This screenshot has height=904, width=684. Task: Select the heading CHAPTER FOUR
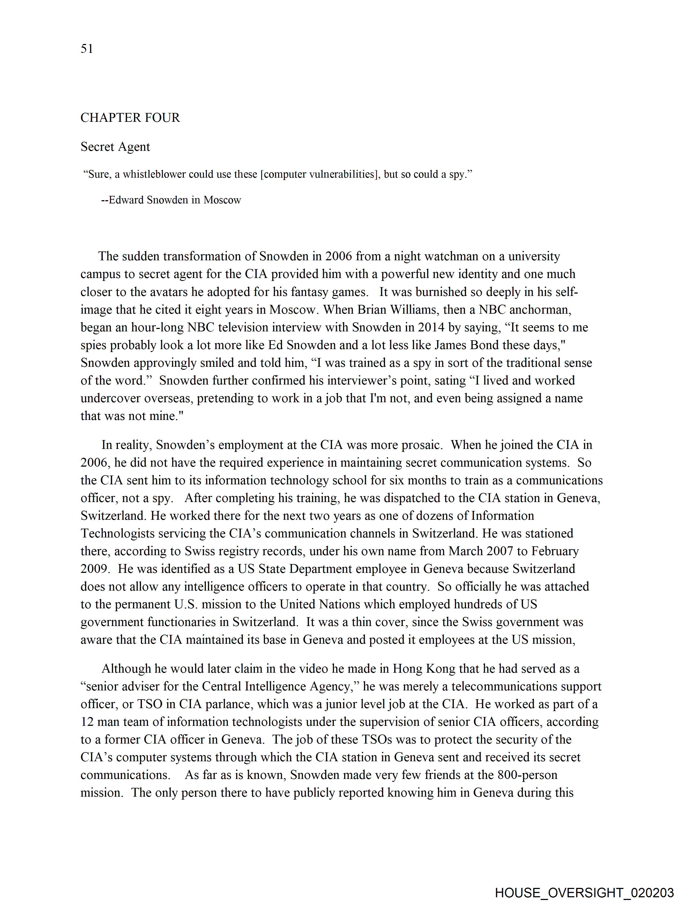tap(130, 118)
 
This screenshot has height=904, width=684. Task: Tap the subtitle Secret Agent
tap(115, 147)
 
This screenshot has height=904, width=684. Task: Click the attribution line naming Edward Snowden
tap(171, 200)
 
